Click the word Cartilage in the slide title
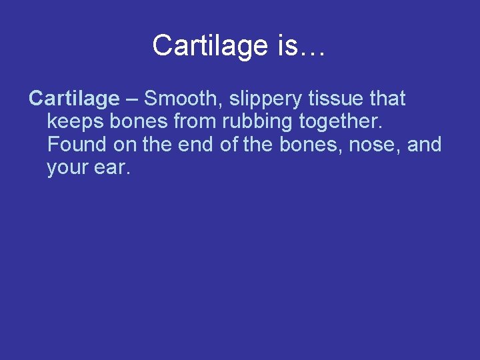210,46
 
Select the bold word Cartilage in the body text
73,99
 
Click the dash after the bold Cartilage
131,99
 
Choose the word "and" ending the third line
425,145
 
